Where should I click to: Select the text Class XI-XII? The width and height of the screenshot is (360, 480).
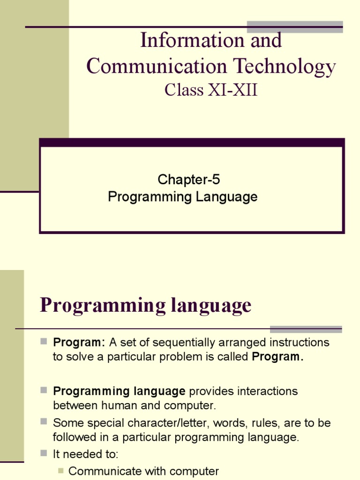click(x=211, y=90)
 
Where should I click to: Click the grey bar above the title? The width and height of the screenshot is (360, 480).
click(x=295, y=27)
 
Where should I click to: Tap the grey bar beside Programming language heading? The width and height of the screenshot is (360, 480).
click(x=306, y=329)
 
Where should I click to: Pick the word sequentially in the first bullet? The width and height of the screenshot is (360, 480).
click(x=176, y=342)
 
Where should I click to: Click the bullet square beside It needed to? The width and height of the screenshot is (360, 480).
click(x=44, y=453)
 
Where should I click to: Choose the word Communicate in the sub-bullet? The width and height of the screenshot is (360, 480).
click(x=104, y=472)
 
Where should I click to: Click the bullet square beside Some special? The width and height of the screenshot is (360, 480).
click(x=44, y=421)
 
